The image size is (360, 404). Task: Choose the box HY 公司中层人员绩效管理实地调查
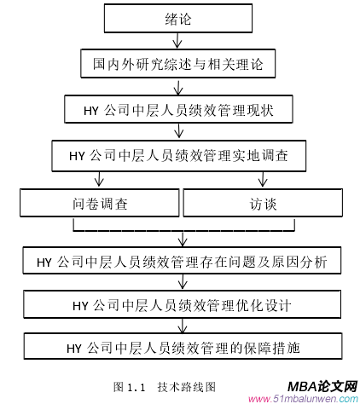coord(180,155)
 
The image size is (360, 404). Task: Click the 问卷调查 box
coord(101,203)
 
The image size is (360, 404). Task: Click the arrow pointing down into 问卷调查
coord(101,178)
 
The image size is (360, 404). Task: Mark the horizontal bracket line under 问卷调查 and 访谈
coord(183,228)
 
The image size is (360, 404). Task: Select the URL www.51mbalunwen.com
coord(302,398)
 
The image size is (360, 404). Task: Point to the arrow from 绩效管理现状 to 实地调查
coord(177,131)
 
